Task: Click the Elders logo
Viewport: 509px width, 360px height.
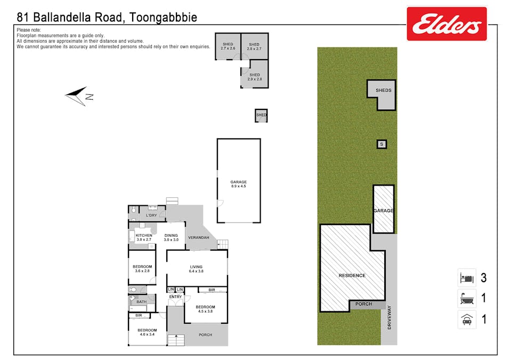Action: [447, 24]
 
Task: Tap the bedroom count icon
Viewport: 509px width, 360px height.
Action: [467, 278]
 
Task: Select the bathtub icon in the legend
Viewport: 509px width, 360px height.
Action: [467, 298]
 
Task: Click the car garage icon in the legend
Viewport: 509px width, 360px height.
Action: [467, 319]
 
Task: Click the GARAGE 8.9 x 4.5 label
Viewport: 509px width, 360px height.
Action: [238, 185]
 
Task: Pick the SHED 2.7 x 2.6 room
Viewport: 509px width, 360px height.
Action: [228, 46]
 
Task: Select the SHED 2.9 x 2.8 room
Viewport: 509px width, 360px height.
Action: [254, 77]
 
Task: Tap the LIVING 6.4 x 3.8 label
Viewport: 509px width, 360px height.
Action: [196, 269]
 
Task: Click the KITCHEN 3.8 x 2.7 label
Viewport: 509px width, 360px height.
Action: [144, 238]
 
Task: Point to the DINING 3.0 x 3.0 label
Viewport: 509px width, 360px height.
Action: [171, 238]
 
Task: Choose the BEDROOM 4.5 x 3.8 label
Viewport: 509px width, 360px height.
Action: [205, 309]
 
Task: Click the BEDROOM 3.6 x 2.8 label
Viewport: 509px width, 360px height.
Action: [142, 269]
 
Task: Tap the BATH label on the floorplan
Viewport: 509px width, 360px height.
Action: [141, 302]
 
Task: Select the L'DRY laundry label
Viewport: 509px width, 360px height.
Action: [152, 215]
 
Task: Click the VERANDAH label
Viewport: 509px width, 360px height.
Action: [198, 238]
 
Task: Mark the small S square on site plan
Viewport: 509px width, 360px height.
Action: [381, 144]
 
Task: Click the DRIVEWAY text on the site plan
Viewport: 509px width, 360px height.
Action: [390, 317]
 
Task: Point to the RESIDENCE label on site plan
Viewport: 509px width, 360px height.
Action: [352, 276]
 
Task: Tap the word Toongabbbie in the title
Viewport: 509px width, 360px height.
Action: [163, 18]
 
